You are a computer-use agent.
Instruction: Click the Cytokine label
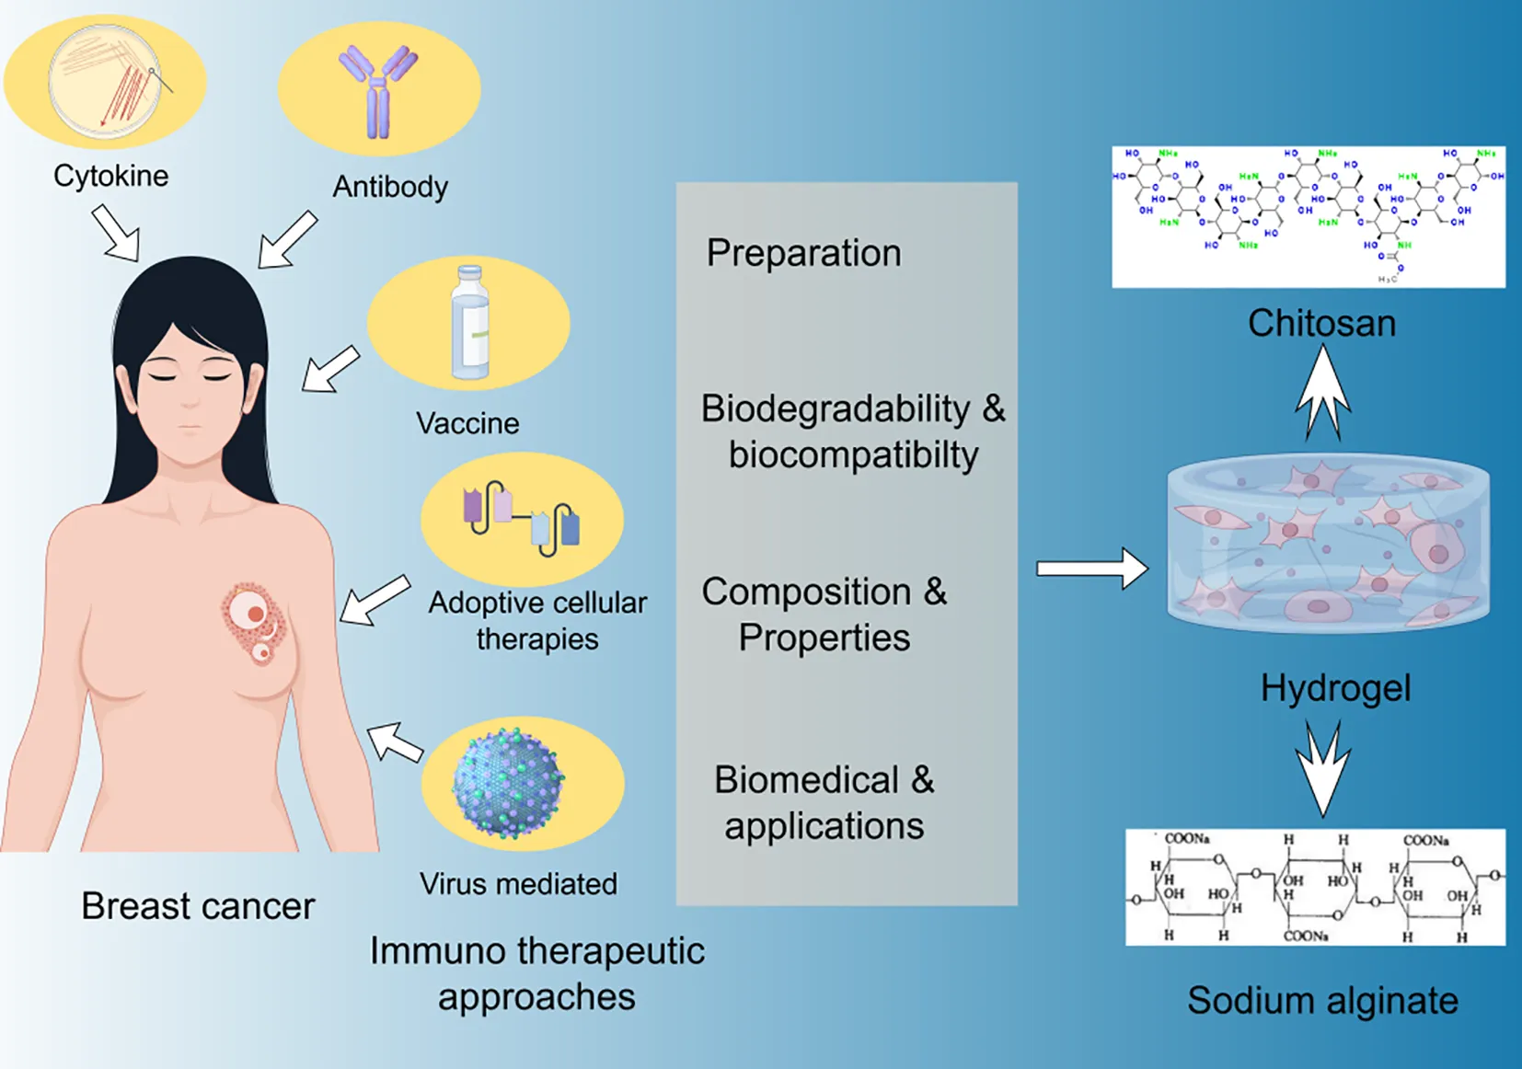point(110,176)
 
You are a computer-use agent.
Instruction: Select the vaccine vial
point(470,323)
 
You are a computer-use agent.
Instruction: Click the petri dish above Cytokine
point(105,81)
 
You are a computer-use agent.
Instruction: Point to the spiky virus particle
point(508,783)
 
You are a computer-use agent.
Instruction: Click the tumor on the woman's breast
point(253,622)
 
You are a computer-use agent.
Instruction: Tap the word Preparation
point(803,253)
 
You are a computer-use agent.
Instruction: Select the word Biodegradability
point(836,408)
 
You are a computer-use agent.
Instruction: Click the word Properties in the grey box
point(824,638)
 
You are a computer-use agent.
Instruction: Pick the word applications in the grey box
point(824,825)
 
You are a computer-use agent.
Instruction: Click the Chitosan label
point(1321,323)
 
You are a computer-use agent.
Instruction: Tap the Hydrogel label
point(1335,687)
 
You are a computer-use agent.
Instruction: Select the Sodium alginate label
point(1322,1000)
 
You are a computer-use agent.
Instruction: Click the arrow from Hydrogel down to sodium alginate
point(1322,769)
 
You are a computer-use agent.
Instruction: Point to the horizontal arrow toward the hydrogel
point(1092,569)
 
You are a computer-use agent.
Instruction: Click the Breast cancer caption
point(198,906)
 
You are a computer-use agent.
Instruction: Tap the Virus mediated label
point(518,884)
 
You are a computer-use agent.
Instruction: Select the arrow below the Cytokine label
point(117,233)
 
